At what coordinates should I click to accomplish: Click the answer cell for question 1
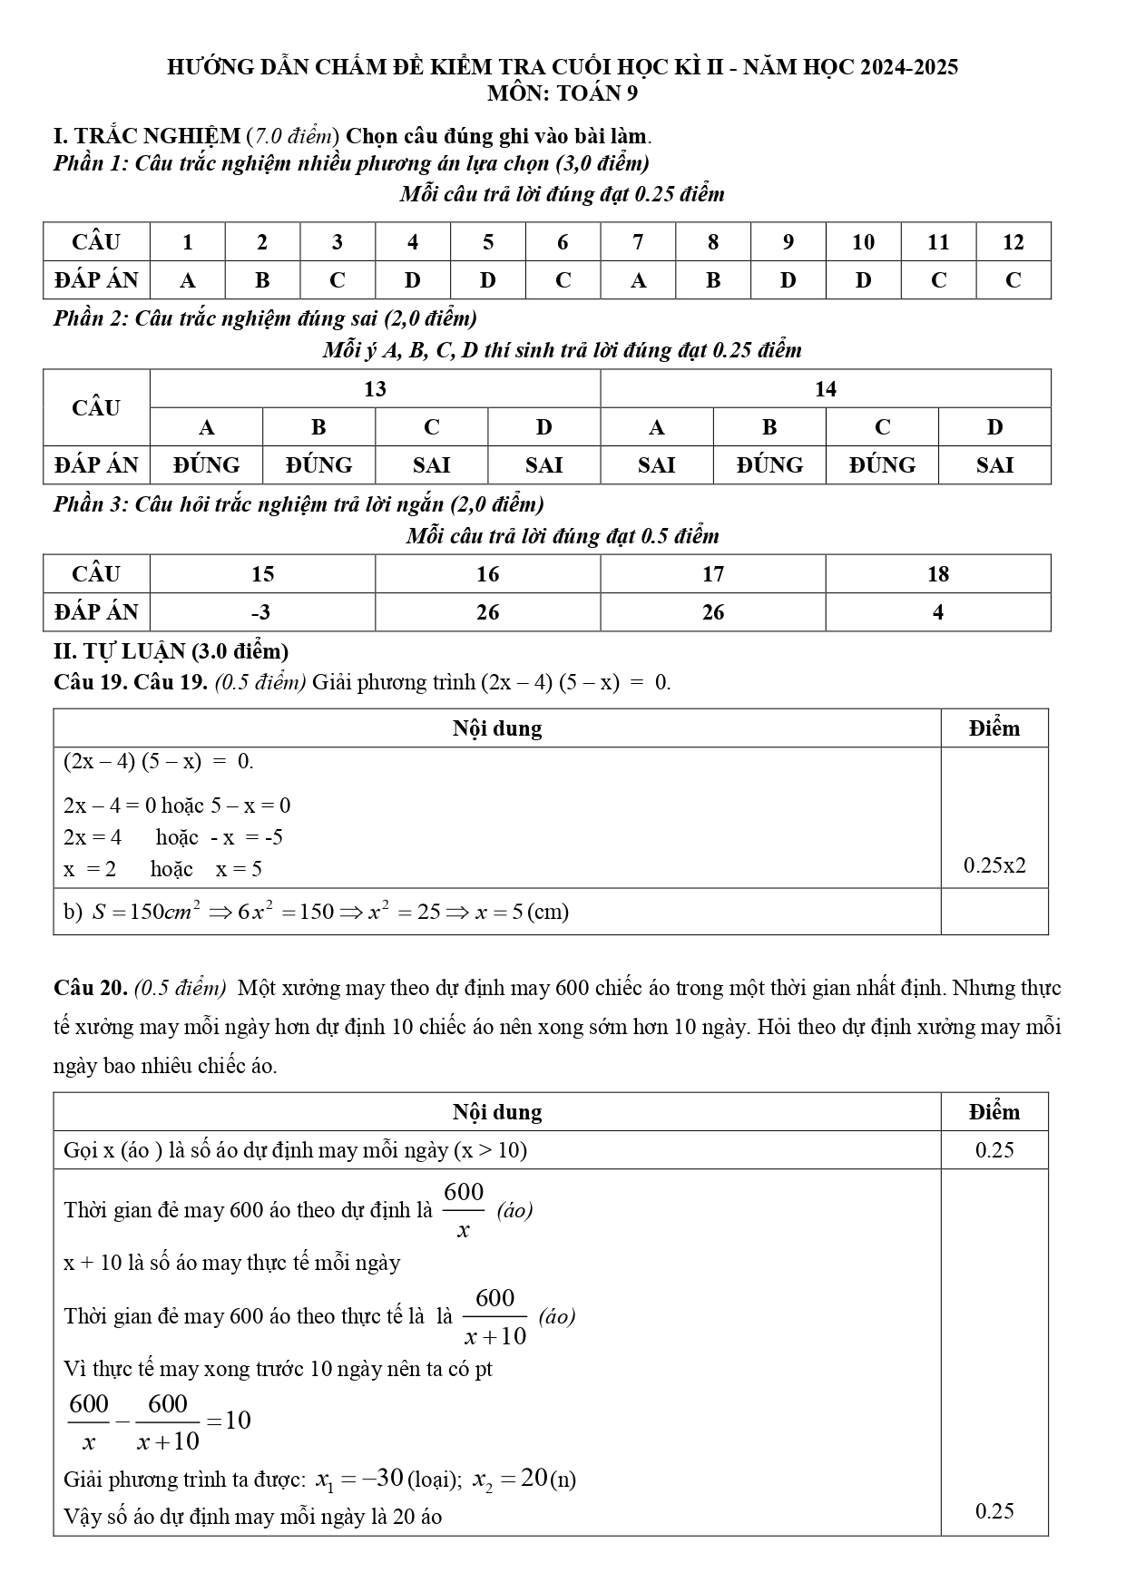point(188,280)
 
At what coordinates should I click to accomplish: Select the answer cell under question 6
point(563,280)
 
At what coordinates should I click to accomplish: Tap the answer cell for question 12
point(1013,280)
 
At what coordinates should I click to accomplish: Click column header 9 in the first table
point(788,242)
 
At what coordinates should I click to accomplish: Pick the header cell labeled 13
point(375,389)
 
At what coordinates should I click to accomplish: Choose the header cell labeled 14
point(825,389)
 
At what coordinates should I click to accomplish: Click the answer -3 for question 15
point(261,612)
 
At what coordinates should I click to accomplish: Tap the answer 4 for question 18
point(937,612)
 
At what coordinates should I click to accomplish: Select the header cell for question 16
point(487,574)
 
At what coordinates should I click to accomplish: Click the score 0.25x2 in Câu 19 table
point(994,865)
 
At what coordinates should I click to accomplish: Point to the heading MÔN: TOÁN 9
point(563,93)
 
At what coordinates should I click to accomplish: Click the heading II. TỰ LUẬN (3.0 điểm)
point(171,651)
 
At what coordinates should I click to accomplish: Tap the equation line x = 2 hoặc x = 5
point(163,869)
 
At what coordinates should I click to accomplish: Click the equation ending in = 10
point(160,1421)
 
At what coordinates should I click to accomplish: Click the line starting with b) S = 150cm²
point(316,912)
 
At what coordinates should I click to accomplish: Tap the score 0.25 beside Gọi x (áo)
point(994,1150)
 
